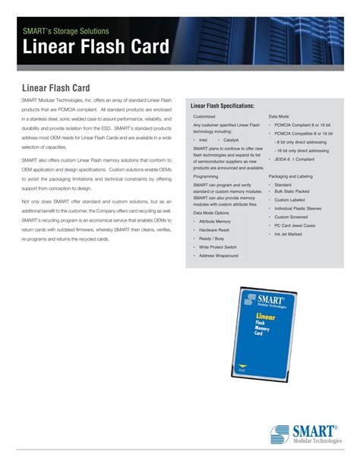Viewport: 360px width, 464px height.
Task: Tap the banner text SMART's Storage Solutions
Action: point(65,32)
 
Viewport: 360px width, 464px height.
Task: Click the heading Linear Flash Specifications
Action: point(223,105)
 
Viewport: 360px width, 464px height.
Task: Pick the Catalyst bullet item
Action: point(230,140)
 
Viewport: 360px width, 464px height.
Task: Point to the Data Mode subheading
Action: point(278,117)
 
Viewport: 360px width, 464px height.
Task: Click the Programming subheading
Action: point(206,176)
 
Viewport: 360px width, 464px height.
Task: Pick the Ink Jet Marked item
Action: point(289,234)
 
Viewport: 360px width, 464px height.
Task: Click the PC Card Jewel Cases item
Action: point(296,226)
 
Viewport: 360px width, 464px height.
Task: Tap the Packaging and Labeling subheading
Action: point(290,176)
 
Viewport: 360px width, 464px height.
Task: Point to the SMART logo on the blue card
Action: point(265,292)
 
